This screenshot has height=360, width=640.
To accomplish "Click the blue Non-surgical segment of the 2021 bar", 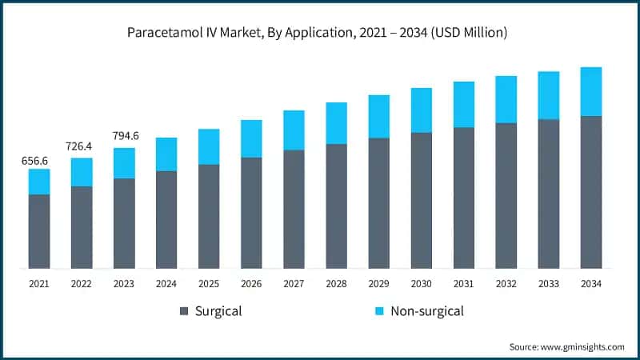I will click(39, 182).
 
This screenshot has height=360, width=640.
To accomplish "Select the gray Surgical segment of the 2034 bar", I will click(590, 192).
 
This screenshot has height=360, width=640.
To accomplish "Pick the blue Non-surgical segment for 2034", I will click(590, 91).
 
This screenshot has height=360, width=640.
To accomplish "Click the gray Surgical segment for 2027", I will click(294, 209).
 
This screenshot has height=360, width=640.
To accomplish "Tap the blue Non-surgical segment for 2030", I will click(421, 110).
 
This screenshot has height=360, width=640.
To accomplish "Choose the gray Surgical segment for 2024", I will click(166, 219).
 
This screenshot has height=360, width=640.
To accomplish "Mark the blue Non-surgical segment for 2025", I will click(209, 146).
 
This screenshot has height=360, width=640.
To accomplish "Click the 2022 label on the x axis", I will click(82, 283).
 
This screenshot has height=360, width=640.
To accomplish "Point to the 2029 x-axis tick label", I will click(378, 283).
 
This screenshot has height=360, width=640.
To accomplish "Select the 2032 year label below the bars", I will click(506, 283).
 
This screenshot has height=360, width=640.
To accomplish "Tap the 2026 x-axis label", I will click(251, 283).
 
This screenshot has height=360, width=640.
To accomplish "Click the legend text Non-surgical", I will click(426, 310).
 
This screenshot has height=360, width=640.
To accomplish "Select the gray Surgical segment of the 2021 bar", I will click(39, 231).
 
